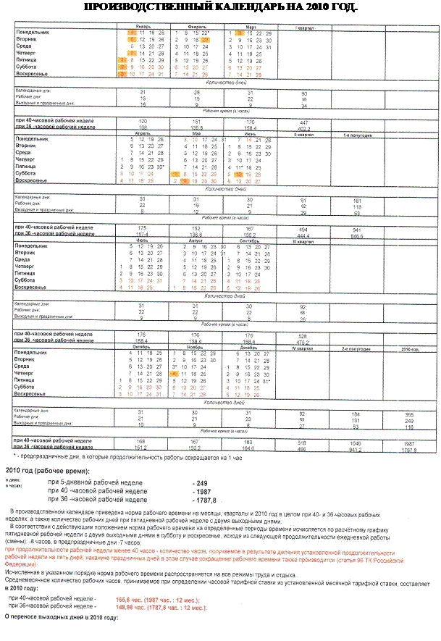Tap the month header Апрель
pyautogui.click(x=141, y=133)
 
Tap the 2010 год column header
pyautogui.click(x=410, y=348)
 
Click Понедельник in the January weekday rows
pyautogui.click(x=32, y=33)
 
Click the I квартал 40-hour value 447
pyautogui.click(x=304, y=122)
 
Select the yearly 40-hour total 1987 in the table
pyautogui.click(x=410, y=442)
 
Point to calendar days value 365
pyautogui.click(x=410, y=412)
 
